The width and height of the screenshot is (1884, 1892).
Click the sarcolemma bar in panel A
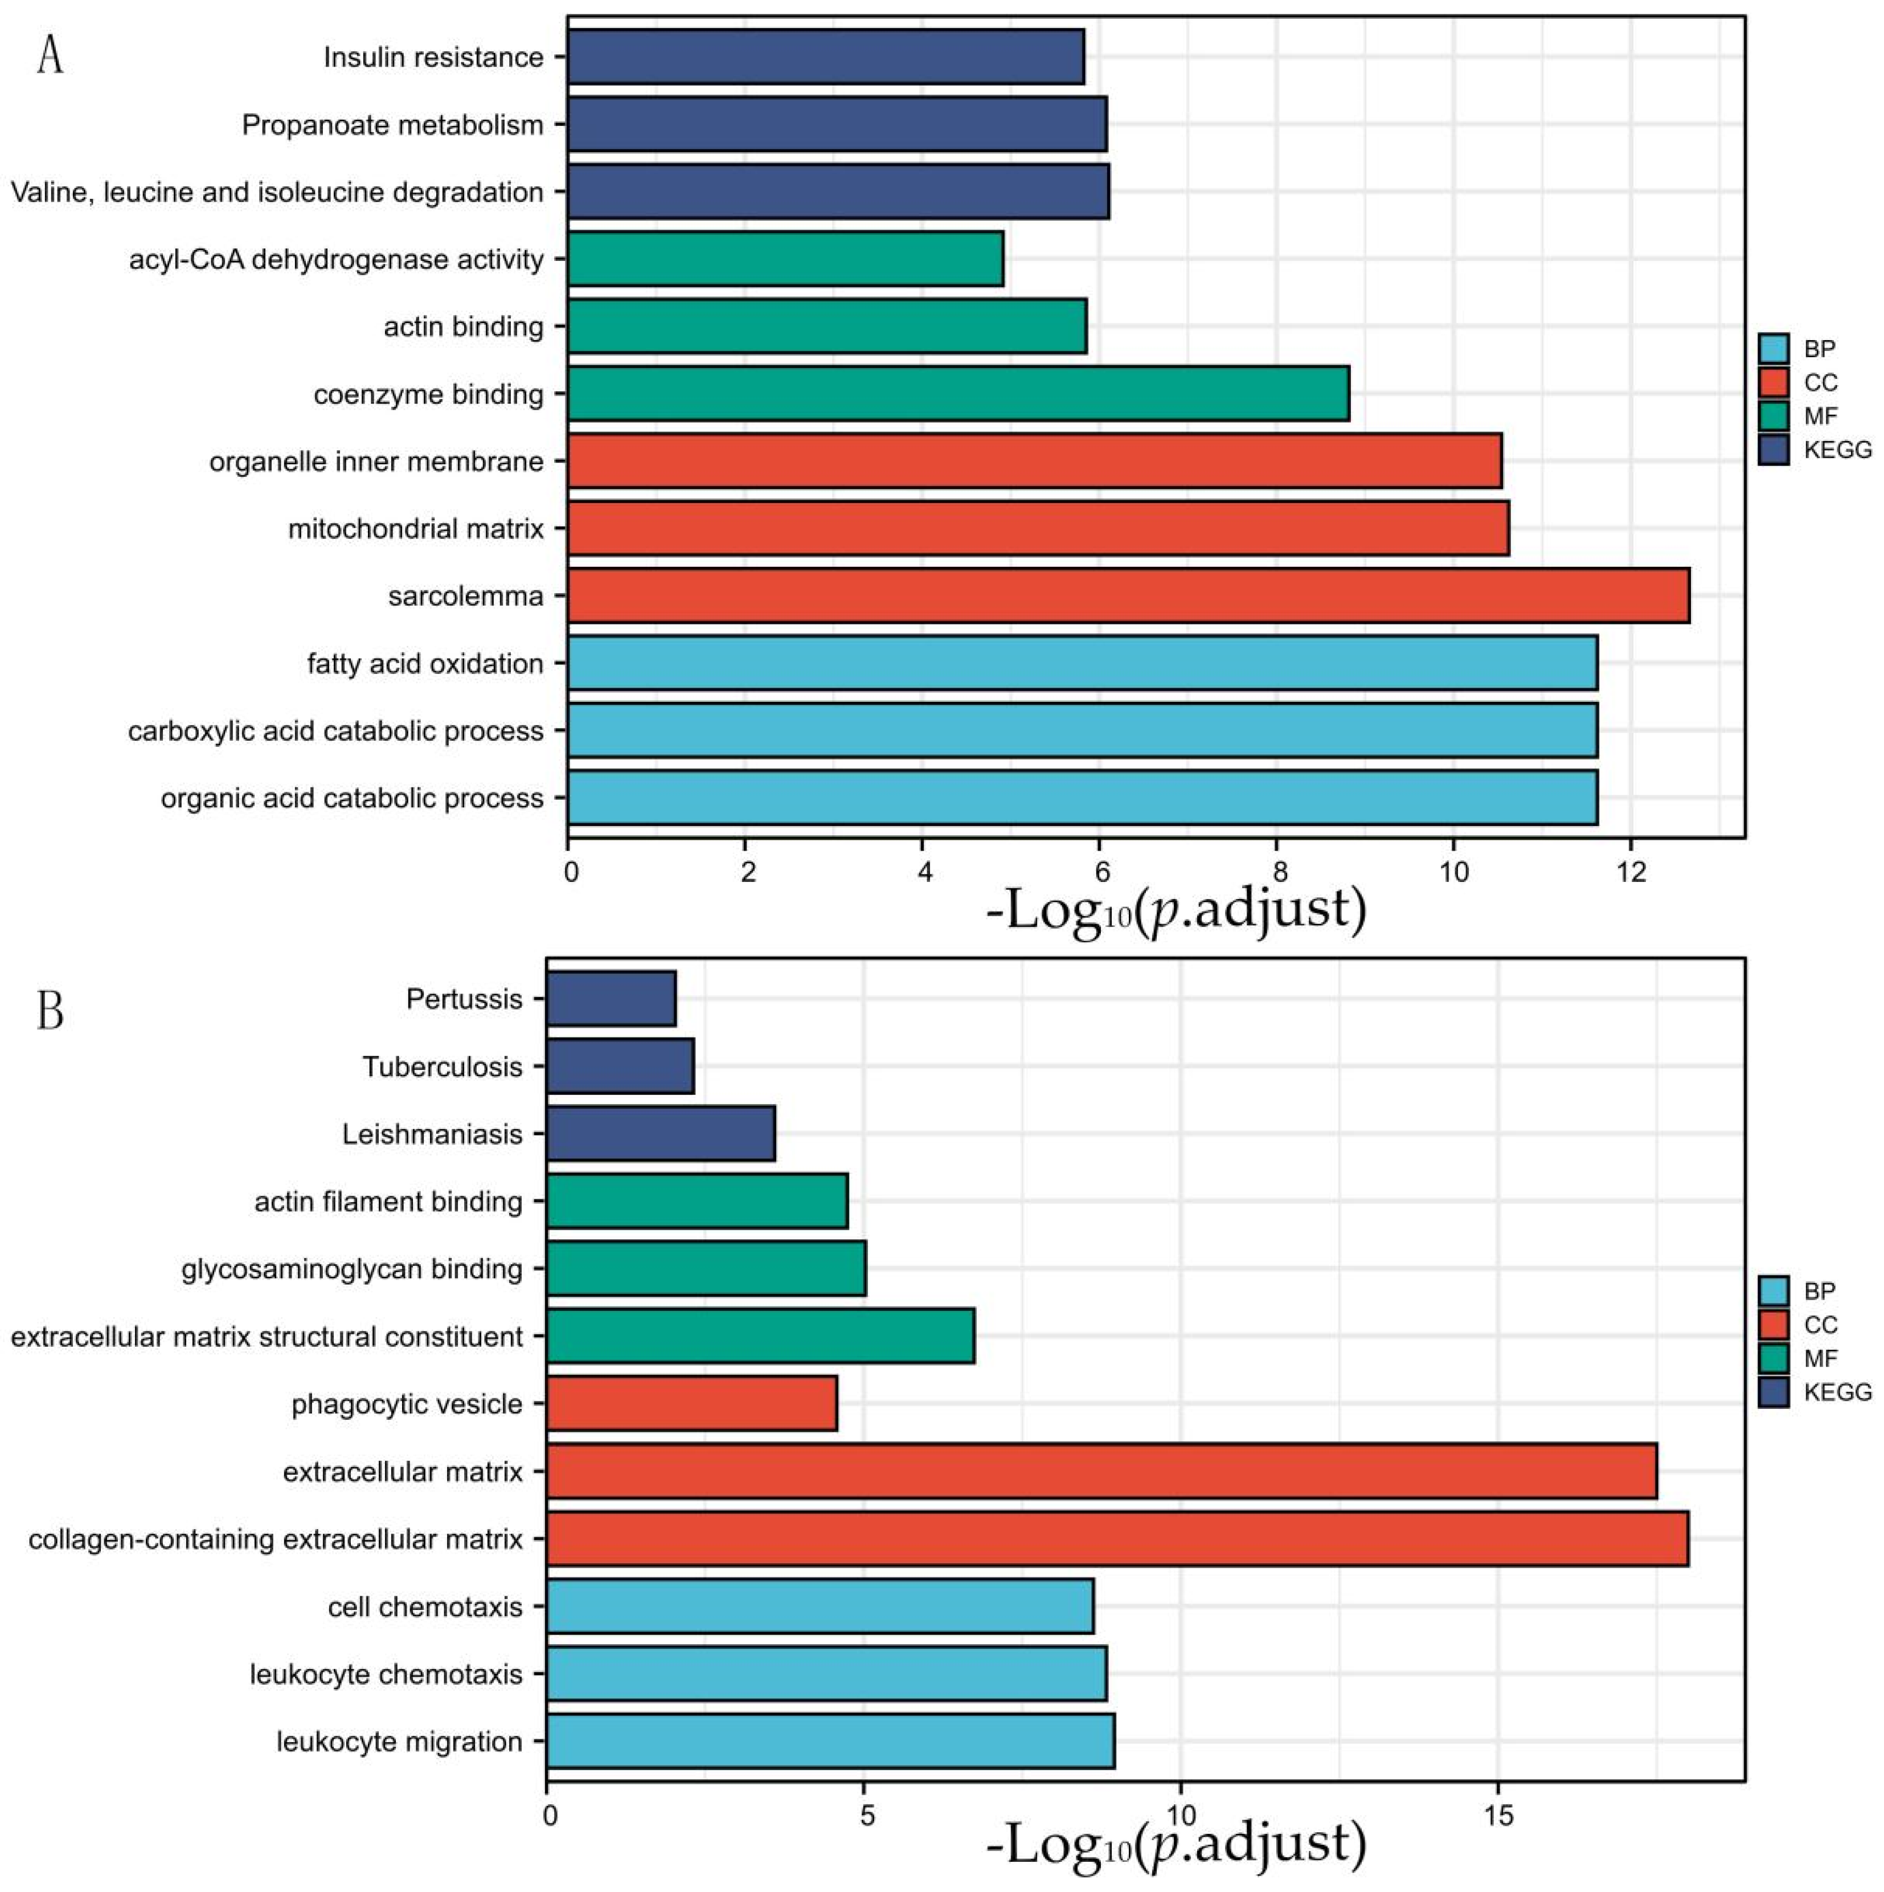(x=1128, y=595)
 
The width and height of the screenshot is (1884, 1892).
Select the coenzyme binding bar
(x=958, y=394)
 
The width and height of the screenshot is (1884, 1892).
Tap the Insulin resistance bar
(x=825, y=57)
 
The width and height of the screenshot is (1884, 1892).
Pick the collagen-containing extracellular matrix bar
(x=1116, y=1538)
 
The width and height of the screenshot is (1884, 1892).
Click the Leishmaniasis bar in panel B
(x=661, y=1134)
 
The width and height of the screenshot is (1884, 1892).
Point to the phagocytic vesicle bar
(x=691, y=1403)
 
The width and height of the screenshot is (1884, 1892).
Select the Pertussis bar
(x=611, y=999)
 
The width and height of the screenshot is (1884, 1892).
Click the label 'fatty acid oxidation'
(x=425, y=664)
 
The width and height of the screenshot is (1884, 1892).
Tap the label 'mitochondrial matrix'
(x=415, y=529)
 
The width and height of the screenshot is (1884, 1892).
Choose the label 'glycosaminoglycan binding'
(x=351, y=1269)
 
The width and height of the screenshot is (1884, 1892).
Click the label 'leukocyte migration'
(x=399, y=1741)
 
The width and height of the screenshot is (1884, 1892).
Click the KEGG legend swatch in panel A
(x=1774, y=449)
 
